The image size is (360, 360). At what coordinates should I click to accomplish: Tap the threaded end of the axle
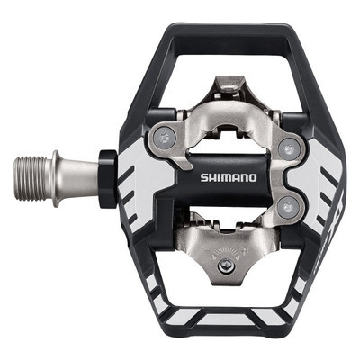tap(30, 167)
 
